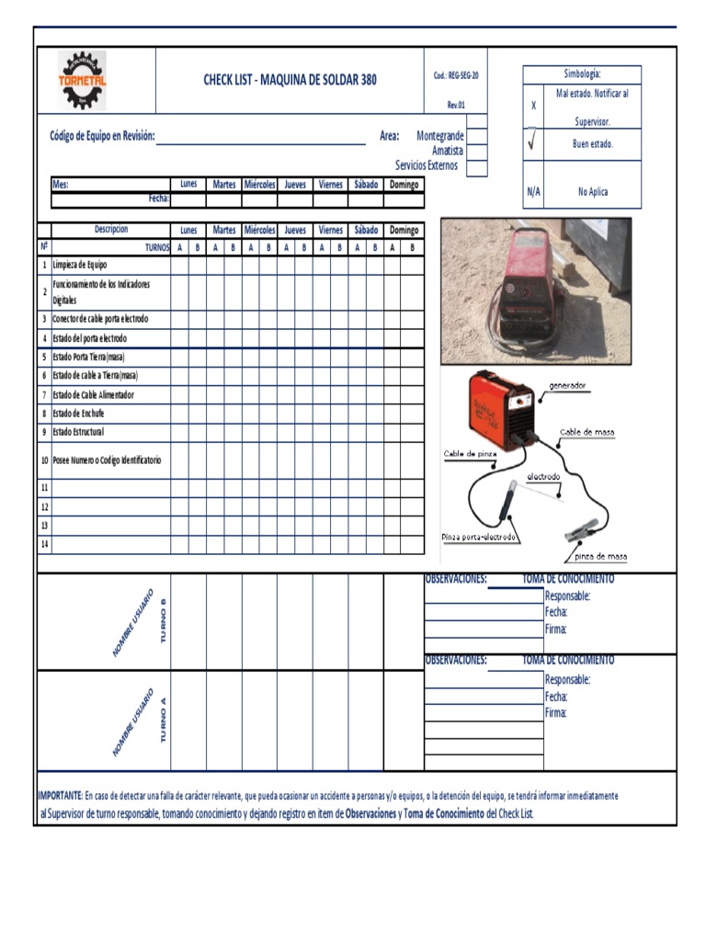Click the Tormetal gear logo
[82, 80]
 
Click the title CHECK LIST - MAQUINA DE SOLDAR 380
[290, 80]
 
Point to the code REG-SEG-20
[456, 75]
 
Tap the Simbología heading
[582, 74]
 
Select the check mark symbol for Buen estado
[533, 143]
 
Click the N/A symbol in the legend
[533, 192]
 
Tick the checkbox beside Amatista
[477, 152]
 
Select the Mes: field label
[61, 185]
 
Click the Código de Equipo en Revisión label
[102, 137]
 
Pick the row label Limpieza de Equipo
[80, 265]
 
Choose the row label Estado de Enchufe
[78, 414]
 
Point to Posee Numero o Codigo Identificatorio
[107, 459]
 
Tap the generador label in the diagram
[567, 386]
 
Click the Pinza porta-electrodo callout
[478, 537]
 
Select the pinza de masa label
[600, 556]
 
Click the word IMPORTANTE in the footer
[60, 796]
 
